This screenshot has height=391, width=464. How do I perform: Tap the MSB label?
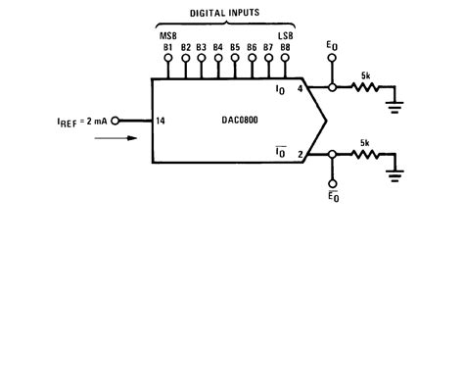point(167,34)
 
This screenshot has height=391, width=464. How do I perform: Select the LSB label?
point(285,34)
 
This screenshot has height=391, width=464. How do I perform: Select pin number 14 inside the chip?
point(162,122)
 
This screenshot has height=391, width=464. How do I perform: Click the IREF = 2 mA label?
point(81,122)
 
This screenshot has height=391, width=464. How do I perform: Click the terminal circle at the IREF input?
point(116,122)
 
